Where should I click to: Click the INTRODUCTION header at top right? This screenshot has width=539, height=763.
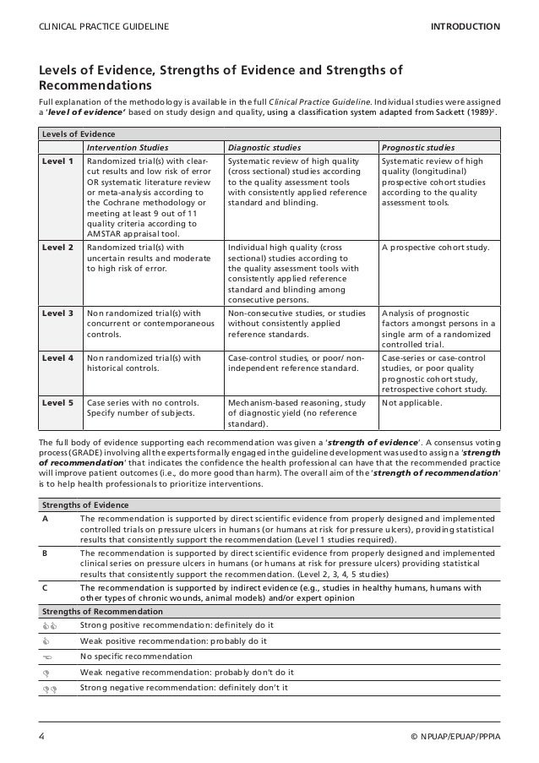[465, 27]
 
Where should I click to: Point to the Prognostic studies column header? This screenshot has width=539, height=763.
[418, 146]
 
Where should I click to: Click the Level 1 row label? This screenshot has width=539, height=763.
[58, 161]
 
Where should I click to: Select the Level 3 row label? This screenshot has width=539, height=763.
[58, 312]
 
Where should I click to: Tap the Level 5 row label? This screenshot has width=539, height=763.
[58, 403]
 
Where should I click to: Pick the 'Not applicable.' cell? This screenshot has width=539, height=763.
[412, 403]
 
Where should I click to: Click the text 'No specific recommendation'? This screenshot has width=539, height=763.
[137, 657]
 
